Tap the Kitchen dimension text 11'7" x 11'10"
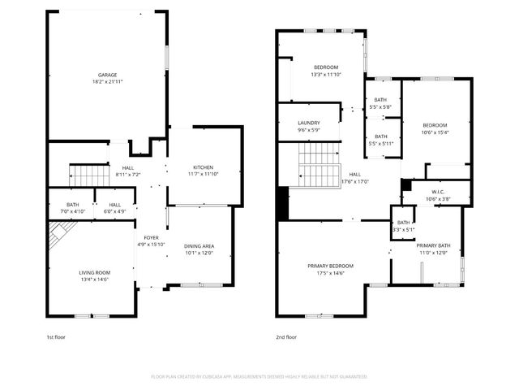click(204, 173)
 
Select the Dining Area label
click(199, 246)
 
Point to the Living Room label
click(96, 272)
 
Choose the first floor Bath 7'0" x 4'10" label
click(72, 205)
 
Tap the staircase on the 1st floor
click(87, 174)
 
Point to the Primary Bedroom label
click(330, 266)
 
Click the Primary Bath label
click(433, 245)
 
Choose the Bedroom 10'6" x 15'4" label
click(435, 125)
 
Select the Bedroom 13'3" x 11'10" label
click(326, 67)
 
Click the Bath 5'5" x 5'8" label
click(380, 99)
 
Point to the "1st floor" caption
click(57, 336)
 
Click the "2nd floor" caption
click(286, 336)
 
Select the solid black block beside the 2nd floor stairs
click(282, 203)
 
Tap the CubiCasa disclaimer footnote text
click(259, 376)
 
